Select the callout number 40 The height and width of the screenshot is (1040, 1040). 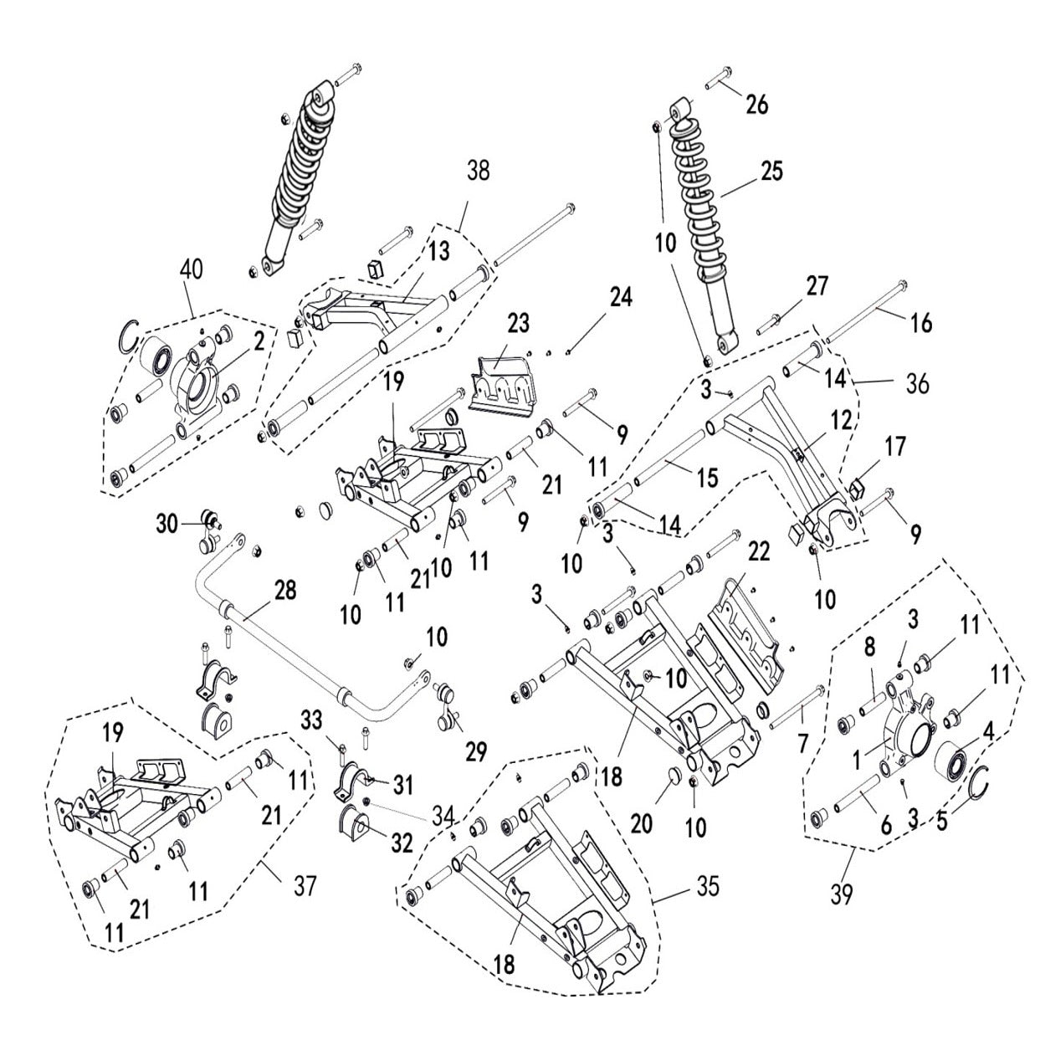point(191,269)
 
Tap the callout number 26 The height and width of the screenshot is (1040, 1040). point(756,104)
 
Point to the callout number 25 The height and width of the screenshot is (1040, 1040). point(771,171)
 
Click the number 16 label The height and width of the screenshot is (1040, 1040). point(920,322)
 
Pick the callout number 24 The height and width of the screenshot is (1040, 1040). point(621,297)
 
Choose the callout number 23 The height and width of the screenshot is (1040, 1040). point(520,323)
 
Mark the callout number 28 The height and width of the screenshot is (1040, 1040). point(284,590)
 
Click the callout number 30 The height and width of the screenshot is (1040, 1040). point(167,524)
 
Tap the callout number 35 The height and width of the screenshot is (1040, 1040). point(707,886)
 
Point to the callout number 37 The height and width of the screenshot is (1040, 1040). point(305,884)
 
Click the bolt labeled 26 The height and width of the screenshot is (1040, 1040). point(719,81)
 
